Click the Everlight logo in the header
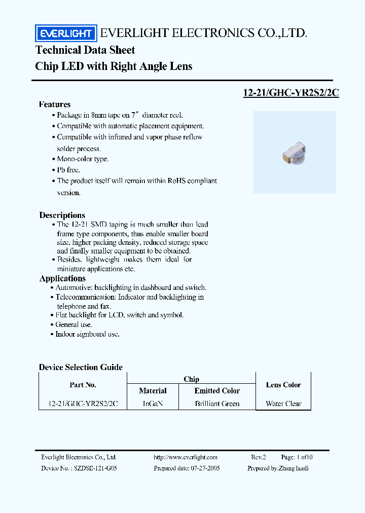65,34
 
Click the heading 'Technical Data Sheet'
85,50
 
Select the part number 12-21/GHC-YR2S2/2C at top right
291,93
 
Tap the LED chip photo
295,152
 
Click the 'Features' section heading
55,104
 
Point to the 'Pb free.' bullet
68,170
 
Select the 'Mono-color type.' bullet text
83,159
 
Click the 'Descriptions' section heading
62,215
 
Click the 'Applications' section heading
62,278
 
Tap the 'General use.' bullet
74,324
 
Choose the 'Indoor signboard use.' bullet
87,335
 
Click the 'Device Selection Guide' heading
81,367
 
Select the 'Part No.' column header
83,385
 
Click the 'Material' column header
153,391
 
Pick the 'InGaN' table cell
153,404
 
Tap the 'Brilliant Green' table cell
217,404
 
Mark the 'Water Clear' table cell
283,404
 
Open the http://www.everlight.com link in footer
186,457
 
